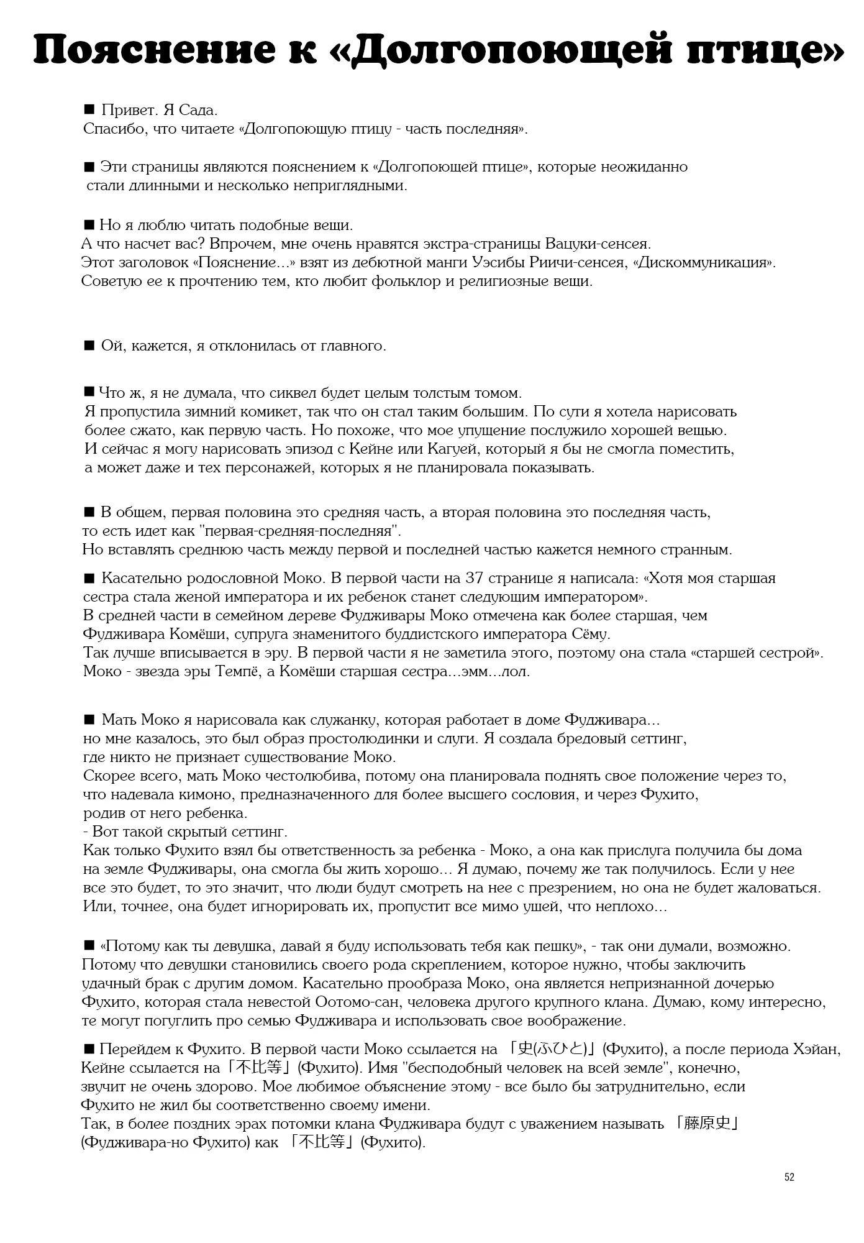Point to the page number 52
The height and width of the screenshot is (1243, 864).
[x=789, y=1177]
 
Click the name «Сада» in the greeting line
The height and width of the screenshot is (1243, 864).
[x=198, y=111]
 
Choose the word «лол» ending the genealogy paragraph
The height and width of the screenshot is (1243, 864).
[x=514, y=672]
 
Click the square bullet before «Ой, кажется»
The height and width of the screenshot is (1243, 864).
[x=89, y=346]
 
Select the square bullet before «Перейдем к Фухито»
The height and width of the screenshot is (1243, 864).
[x=88, y=1049]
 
